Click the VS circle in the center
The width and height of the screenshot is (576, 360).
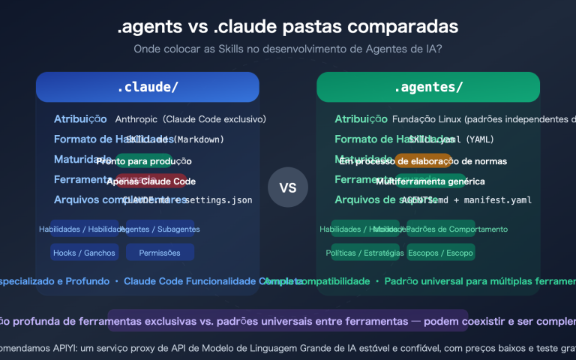click(288, 187)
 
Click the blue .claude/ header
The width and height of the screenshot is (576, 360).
click(148, 87)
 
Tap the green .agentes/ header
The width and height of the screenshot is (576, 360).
click(428, 87)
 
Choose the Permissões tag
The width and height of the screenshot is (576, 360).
click(160, 253)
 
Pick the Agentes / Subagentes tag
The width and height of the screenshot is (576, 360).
click(160, 229)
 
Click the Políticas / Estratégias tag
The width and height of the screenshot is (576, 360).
click(356, 253)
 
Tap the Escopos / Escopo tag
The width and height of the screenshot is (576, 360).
click(441, 253)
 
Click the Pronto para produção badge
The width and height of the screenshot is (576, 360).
click(144, 161)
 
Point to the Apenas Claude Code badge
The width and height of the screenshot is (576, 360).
click(151, 181)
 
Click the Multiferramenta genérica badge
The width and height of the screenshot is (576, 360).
click(430, 181)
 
